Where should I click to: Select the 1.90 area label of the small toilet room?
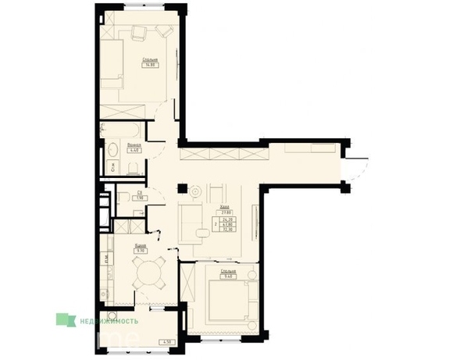139,198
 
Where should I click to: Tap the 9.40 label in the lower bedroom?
228,276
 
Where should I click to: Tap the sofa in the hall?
191,223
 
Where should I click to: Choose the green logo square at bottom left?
62,319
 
